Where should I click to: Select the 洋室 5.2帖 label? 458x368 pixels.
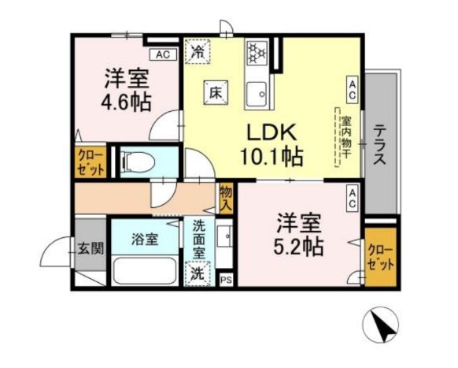pyautogui.click(x=297, y=234)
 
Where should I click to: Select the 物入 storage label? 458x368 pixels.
pyautogui.click(x=227, y=197)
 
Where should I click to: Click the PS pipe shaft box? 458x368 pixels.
pyautogui.click(x=227, y=280)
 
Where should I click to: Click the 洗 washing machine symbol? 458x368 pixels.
pyautogui.click(x=198, y=274)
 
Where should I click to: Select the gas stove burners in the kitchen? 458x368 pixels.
pyautogui.click(x=257, y=54)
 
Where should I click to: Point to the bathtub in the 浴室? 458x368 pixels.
pyautogui.click(x=146, y=270)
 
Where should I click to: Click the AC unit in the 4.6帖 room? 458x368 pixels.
pyautogui.click(x=163, y=54)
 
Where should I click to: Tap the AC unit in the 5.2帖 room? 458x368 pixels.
pyautogui.click(x=352, y=197)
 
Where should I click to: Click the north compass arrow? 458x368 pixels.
pyautogui.click(x=385, y=325)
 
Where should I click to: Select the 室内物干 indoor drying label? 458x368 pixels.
pyautogui.click(x=345, y=136)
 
